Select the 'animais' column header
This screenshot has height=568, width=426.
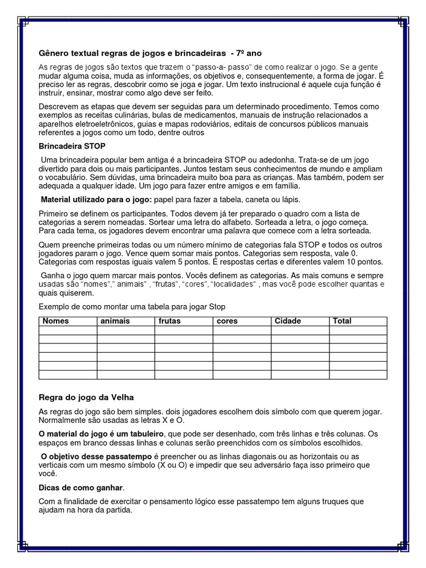point(115,321)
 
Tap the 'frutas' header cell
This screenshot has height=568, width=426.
point(170,321)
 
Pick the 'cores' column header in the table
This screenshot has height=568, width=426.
point(227,321)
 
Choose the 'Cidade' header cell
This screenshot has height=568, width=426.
point(288,321)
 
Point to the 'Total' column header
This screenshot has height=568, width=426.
point(342,321)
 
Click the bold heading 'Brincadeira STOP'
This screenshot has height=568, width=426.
point(72,146)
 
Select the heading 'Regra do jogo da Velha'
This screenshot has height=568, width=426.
point(86,398)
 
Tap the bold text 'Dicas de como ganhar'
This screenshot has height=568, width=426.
point(81,488)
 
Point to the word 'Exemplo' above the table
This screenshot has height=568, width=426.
point(54,307)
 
